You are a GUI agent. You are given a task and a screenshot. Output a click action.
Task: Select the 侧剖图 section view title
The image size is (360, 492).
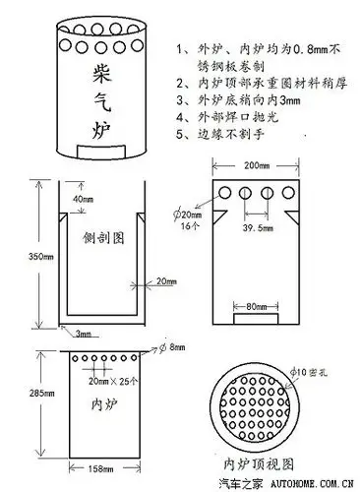(103, 238)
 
